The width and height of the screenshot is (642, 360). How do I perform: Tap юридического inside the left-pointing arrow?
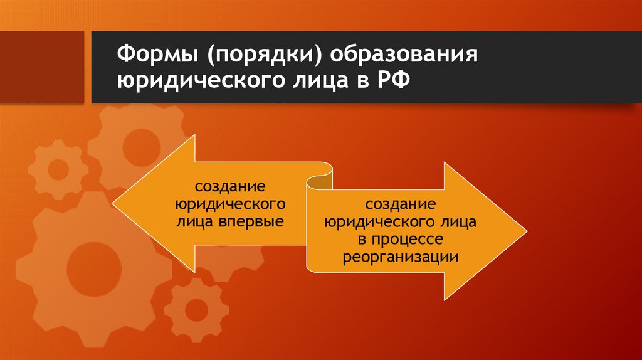tap(230, 205)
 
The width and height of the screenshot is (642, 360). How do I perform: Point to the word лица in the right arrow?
tap(459, 223)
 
